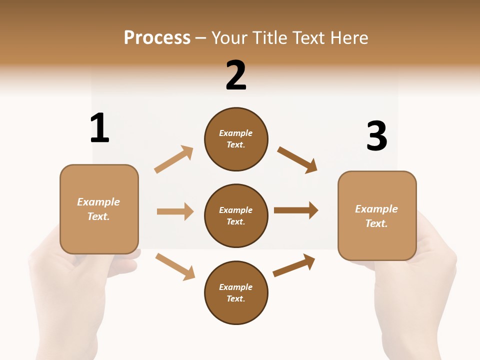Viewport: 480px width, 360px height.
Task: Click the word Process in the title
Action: click(157, 38)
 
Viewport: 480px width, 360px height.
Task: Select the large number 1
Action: click(99, 128)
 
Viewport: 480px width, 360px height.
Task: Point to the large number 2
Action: click(236, 75)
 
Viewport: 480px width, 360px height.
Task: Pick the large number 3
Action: click(377, 136)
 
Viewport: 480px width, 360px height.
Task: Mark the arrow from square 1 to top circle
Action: click(173, 159)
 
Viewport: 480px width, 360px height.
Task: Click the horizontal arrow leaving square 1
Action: click(175, 211)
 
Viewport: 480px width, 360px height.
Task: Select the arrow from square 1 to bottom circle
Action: click(175, 266)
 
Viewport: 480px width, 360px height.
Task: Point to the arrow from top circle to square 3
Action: click(297, 159)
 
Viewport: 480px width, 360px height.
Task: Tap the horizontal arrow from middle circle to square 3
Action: click(296, 210)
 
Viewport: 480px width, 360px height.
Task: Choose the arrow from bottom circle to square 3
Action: click(294, 265)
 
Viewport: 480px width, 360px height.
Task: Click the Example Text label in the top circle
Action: click(236, 139)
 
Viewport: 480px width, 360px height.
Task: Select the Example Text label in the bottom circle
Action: click(236, 293)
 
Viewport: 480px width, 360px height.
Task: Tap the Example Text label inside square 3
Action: click(376, 216)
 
